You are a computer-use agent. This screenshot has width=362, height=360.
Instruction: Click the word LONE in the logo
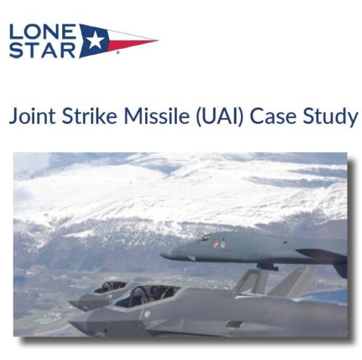(x=42, y=31)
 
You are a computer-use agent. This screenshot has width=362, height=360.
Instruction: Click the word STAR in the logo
(x=42, y=50)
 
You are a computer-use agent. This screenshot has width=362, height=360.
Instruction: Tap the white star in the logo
(x=95, y=40)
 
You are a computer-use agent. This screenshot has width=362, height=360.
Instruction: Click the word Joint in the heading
(x=32, y=116)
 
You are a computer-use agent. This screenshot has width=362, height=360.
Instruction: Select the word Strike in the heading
(x=89, y=116)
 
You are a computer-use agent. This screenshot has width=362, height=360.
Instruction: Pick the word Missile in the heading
(x=156, y=116)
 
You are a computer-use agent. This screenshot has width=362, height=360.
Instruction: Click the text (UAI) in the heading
(x=220, y=116)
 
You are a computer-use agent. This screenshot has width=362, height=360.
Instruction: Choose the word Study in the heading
(x=330, y=116)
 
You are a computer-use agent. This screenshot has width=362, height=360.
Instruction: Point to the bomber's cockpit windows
(x=205, y=237)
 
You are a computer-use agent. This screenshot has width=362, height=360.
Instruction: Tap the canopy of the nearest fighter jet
(x=147, y=295)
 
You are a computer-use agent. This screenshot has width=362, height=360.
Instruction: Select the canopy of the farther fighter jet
(x=110, y=287)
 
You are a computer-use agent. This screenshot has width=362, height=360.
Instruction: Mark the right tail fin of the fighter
(x=292, y=281)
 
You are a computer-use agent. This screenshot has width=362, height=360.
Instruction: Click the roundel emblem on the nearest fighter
(x=147, y=313)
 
